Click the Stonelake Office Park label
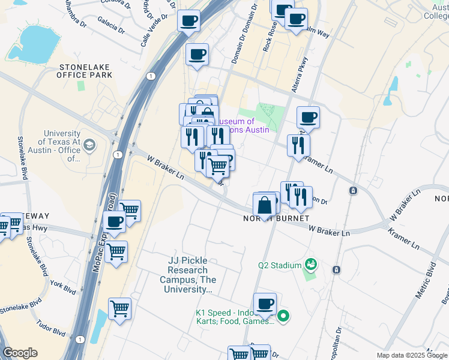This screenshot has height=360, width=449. coord(85,71)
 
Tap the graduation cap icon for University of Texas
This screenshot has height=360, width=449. coord(89,145)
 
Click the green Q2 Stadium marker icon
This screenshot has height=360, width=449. coord(310,263)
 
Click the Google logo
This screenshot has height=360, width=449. coord(20,353)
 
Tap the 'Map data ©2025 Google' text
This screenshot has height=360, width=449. coord(411,355)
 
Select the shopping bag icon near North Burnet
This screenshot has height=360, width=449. coord(265,206)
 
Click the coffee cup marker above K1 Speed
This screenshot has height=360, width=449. coord(264,304)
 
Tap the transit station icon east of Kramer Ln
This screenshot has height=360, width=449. coord(354,191)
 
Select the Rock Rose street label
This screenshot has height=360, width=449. coord(267,37)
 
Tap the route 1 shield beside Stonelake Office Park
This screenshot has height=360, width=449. coord(151,76)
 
